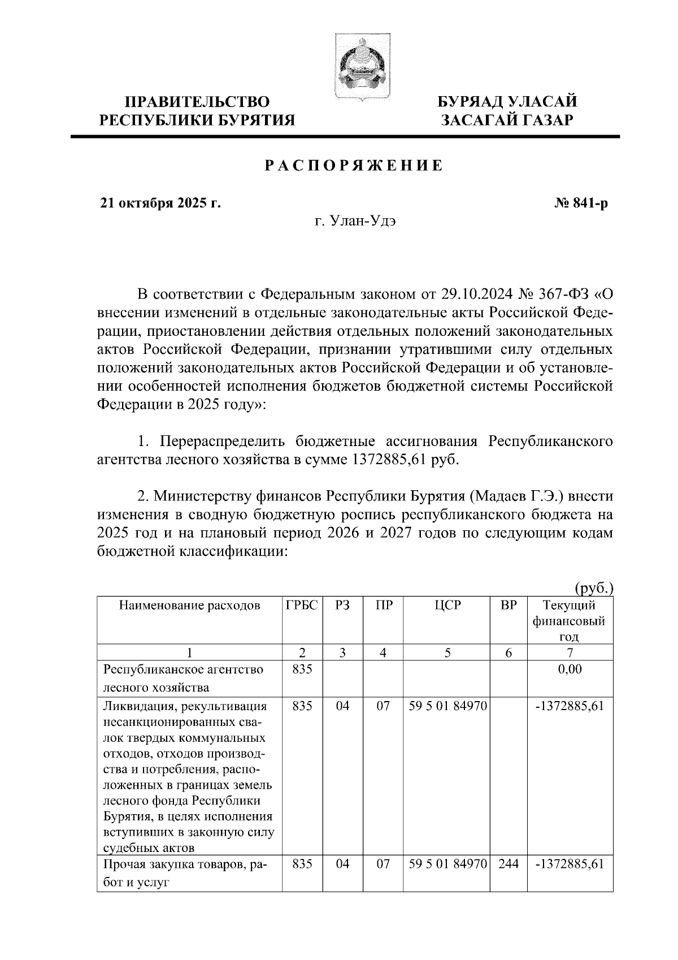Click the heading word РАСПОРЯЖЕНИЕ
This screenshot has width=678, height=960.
(x=353, y=166)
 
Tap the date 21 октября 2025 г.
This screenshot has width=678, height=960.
(x=160, y=204)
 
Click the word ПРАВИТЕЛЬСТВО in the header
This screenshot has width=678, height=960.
(x=197, y=102)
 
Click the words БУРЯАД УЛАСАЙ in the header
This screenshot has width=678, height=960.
(x=508, y=102)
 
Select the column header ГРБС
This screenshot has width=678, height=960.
(x=302, y=605)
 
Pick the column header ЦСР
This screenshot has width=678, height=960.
(x=447, y=605)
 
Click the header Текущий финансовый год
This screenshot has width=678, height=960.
(x=570, y=620)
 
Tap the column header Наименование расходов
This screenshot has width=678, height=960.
(x=189, y=605)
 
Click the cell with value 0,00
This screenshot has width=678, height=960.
(x=570, y=669)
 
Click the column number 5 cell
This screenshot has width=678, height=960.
(x=447, y=652)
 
